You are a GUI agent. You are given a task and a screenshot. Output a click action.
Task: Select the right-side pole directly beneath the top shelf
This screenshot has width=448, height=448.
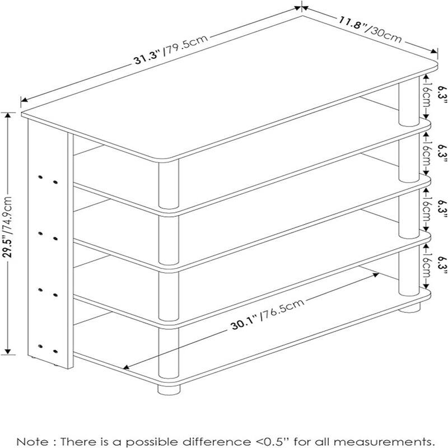click(408, 104)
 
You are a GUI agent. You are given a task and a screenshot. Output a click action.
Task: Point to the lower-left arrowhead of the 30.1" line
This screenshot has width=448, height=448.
click(127, 368)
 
